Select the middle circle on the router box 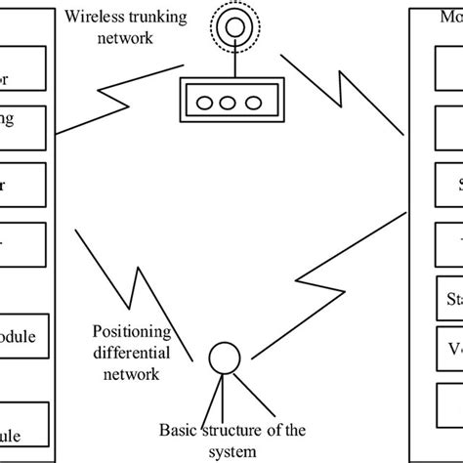tap(226, 103)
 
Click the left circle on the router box tap(199, 103)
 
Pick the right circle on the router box tap(253, 103)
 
